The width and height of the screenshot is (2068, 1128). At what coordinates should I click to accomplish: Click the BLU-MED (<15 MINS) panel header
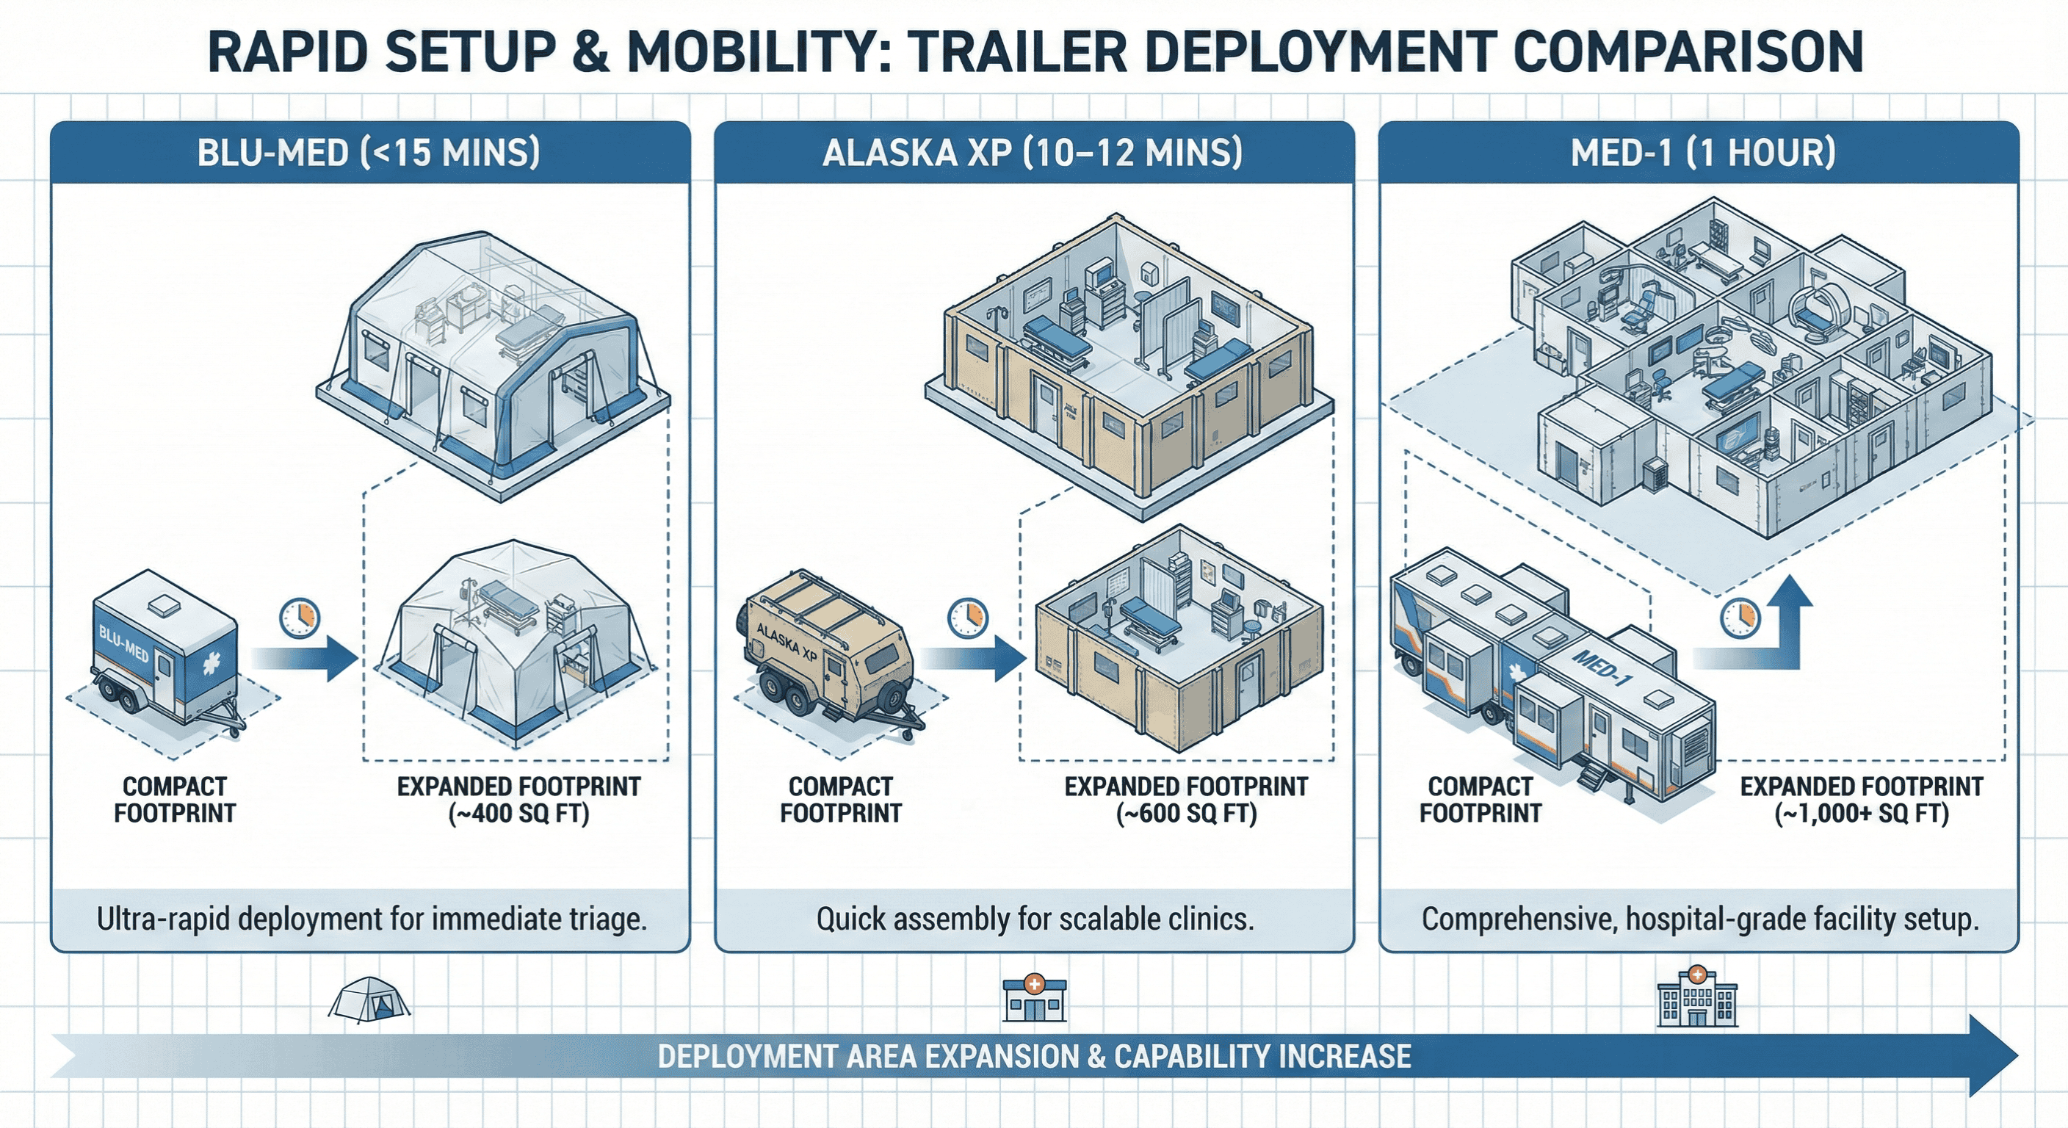369,152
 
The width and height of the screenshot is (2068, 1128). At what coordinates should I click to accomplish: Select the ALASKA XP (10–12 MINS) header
1033,152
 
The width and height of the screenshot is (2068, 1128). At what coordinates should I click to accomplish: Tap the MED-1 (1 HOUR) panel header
1702,152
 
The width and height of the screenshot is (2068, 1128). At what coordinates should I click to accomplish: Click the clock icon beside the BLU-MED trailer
300,618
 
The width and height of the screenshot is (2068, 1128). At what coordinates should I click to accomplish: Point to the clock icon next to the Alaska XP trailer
967,618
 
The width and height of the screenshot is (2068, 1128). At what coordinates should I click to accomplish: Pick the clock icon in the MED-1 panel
1740,618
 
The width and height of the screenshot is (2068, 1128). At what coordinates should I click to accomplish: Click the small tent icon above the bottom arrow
369,999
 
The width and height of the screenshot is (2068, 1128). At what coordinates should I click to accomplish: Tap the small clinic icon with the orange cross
1035,999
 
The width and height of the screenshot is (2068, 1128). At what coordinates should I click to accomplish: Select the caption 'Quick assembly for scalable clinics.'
1035,919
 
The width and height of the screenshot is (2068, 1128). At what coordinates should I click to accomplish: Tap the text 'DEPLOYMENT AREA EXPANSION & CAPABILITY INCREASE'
1034,1057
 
